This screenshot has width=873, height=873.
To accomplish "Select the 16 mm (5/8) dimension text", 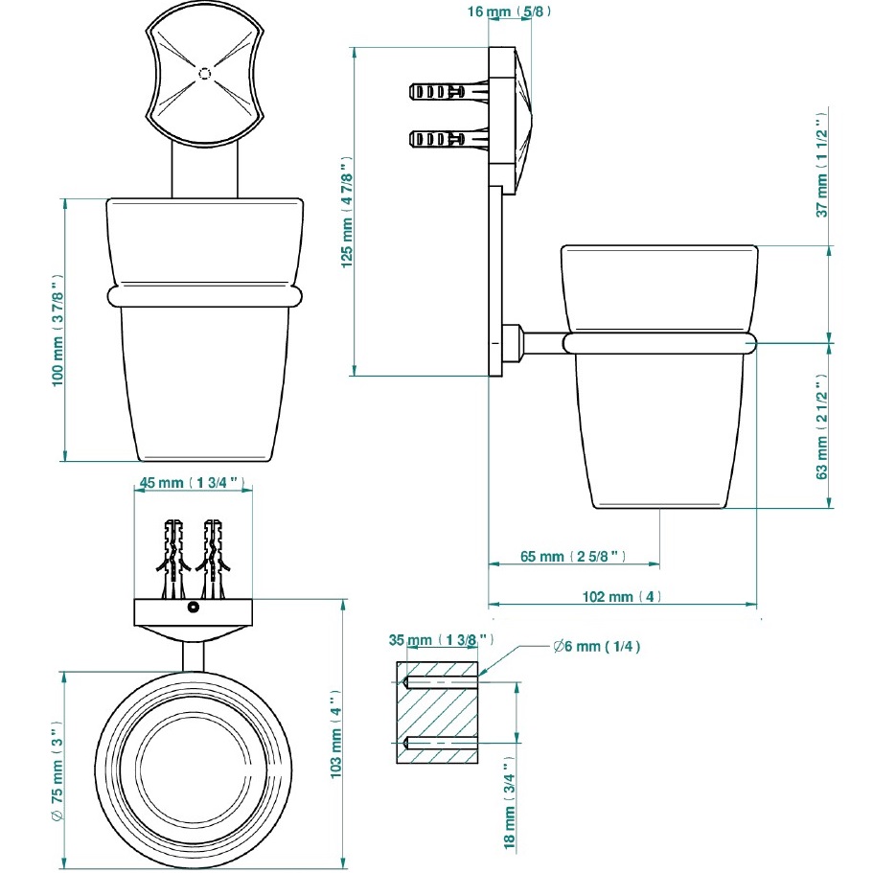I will [509, 12].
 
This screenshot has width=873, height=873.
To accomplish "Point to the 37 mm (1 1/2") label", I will [821, 165].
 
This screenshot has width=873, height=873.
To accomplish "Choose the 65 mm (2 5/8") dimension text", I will [574, 556].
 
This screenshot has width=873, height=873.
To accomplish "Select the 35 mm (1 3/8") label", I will [442, 639].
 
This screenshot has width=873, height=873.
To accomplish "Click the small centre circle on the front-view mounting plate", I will [202, 73].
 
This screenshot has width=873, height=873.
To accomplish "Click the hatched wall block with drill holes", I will [436, 712].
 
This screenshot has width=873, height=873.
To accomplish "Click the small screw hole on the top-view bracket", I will [193, 608].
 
